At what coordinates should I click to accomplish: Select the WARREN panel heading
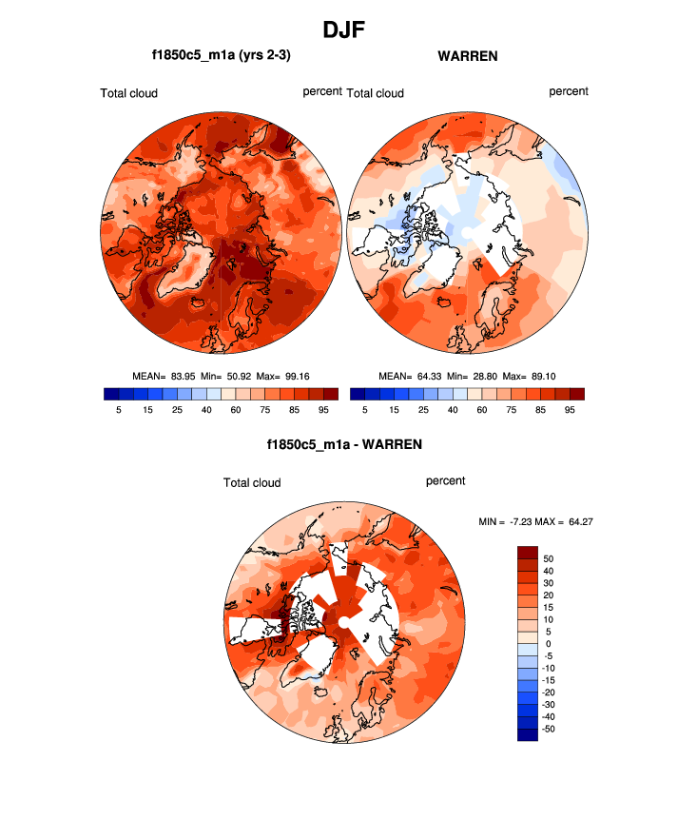tap(468, 56)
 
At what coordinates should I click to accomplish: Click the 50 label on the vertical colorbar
tap(548, 558)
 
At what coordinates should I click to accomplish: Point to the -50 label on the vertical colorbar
tap(550, 729)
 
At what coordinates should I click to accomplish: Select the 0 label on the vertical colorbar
tap(545, 644)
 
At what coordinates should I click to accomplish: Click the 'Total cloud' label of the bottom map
tap(252, 482)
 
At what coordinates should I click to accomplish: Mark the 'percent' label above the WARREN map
tap(569, 91)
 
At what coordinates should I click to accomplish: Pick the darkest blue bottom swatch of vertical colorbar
tap(528, 733)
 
